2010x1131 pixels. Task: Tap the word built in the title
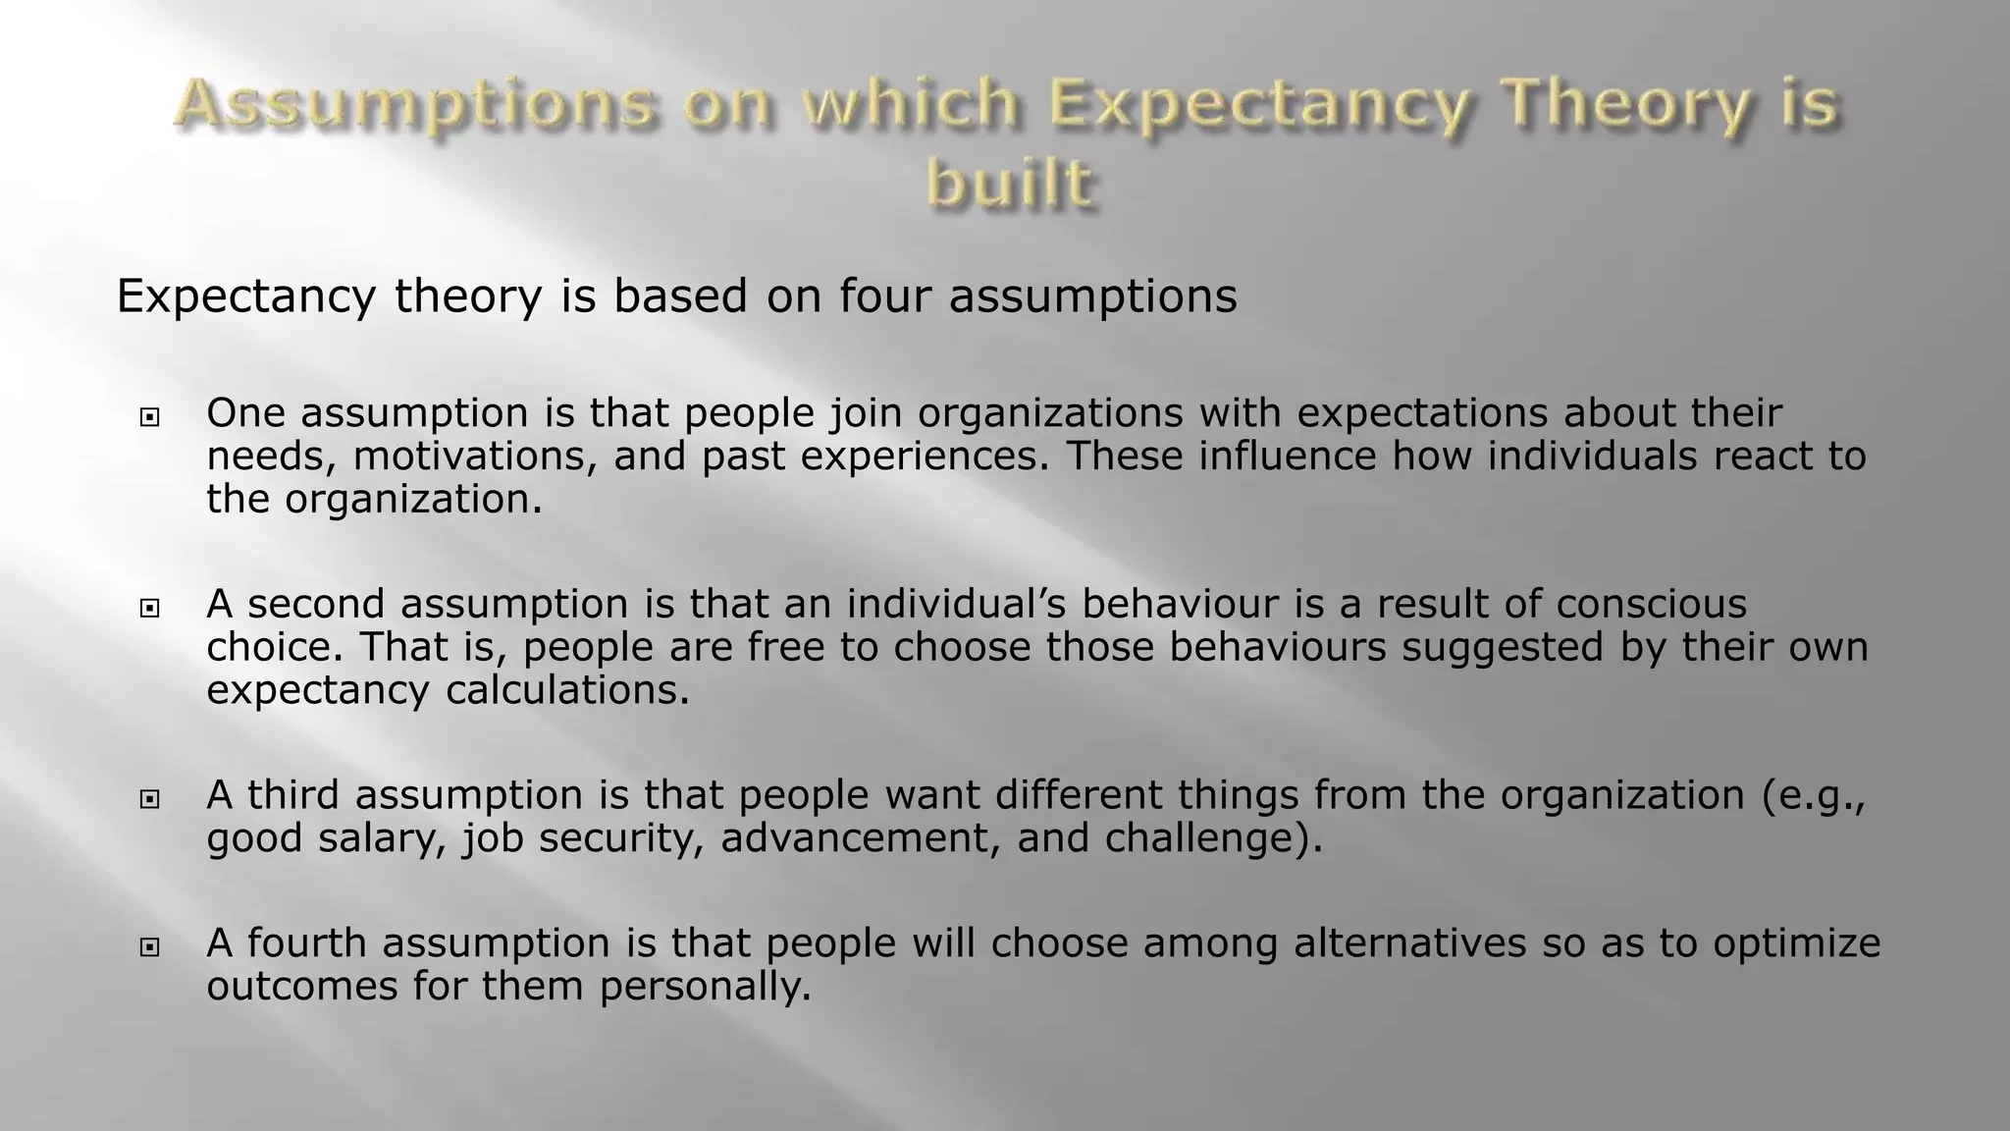[x=1009, y=184]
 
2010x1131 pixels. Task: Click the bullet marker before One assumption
[x=149, y=418]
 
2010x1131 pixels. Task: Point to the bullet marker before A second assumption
[x=149, y=609]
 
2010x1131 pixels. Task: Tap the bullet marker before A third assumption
[x=149, y=800]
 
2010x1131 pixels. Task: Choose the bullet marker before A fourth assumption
[x=149, y=948]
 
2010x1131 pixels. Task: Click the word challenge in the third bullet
[x=1206, y=838]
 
